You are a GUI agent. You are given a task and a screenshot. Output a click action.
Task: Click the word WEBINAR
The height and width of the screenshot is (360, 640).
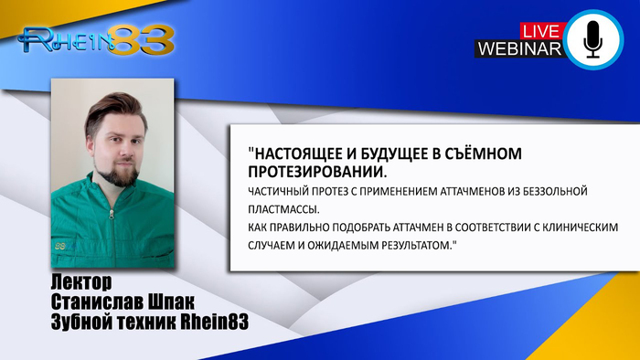(518, 49)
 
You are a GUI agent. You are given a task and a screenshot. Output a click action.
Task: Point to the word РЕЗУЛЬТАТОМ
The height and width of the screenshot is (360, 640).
(410, 244)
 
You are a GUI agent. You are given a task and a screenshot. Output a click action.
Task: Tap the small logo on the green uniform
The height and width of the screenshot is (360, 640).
(61, 246)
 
